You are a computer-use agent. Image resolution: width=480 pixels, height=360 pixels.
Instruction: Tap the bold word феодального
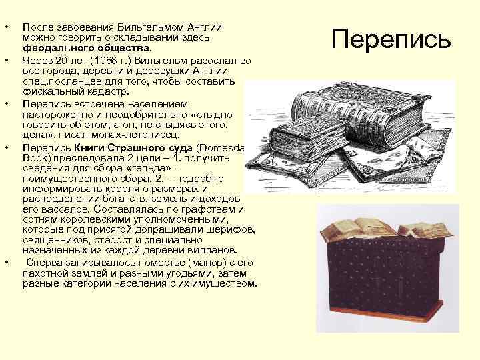pyautogui.click(x=51, y=49)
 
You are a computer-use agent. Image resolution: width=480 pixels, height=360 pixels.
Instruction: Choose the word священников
pyautogui.click(x=52, y=241)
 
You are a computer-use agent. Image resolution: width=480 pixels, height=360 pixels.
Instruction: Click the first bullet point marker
pyautogui.click(x=7, y=28)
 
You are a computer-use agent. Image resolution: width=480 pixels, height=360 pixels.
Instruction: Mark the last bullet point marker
pyautogui.click(x=7, y=263)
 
